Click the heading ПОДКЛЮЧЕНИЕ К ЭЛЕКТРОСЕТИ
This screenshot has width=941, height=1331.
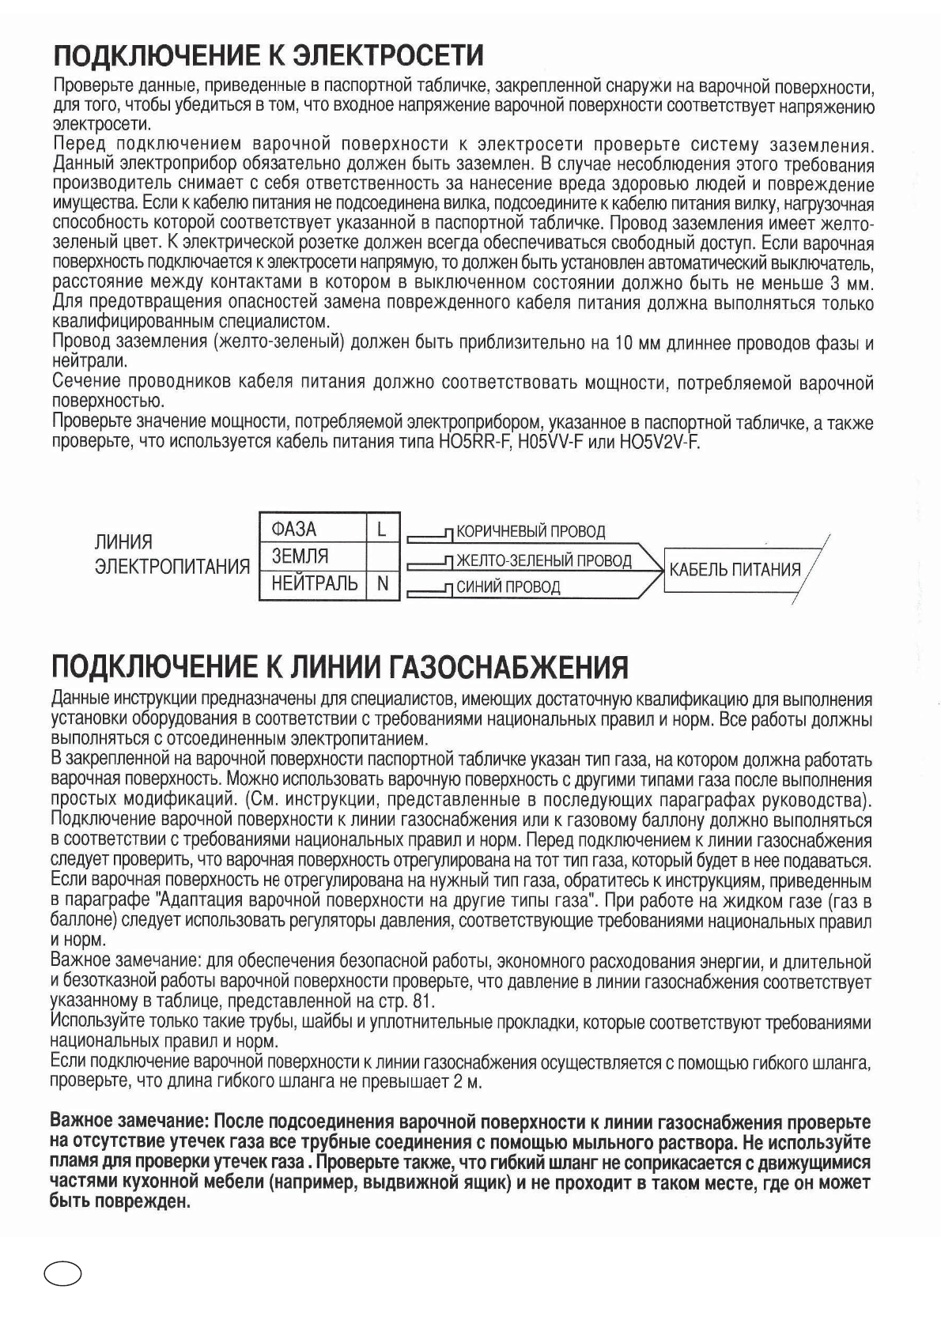(x=267, y=56)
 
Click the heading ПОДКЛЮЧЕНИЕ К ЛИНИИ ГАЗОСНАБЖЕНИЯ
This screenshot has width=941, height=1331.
(x=339, y=667)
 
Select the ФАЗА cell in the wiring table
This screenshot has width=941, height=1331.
(x=293, y=529)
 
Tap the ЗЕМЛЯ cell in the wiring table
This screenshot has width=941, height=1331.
(x=300, y=556)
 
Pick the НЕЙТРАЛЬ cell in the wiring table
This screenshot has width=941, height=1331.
(x=314, y=584)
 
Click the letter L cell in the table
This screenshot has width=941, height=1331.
(x=382, y=529)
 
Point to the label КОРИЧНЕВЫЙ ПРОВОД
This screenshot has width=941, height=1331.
(x=531, y=532)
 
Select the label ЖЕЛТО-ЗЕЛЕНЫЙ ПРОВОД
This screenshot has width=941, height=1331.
(x=544, y=560)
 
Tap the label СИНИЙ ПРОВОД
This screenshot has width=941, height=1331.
(x=508, y=587)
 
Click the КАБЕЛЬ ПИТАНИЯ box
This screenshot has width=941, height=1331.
(x=735, y=569)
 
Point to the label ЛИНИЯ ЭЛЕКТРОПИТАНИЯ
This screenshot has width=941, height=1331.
(x=172, y=554)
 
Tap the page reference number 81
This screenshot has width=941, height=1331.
(x=424, y=1002)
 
